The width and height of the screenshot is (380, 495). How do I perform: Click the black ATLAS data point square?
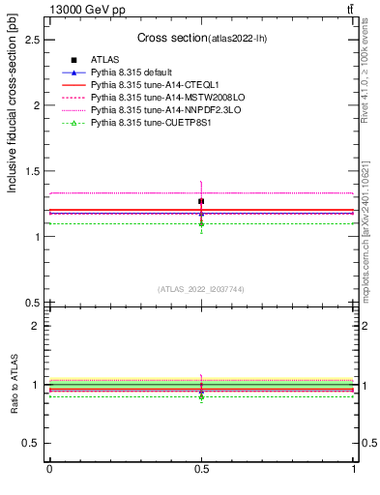point(201,201)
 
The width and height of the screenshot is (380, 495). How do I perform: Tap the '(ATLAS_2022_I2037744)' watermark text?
point(201,289)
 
